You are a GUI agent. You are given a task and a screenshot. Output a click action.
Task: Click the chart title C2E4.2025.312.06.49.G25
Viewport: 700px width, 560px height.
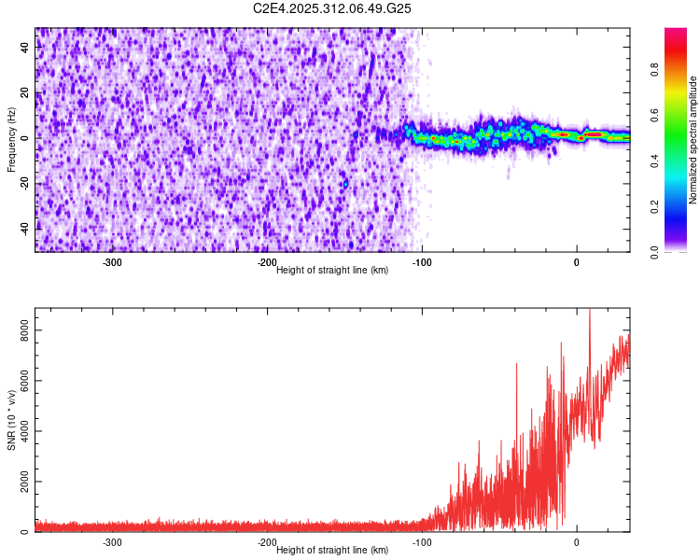tap(332, 8)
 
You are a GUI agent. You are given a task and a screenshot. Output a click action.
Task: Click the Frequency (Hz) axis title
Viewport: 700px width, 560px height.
tap(11, 140)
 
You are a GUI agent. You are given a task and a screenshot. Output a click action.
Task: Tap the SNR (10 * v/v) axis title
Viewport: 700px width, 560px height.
tap(11, 420)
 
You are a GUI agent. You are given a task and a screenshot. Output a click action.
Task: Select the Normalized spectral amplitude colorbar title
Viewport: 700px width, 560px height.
tap(693, 140)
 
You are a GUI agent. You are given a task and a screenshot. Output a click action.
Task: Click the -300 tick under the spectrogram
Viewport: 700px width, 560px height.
tap(112, 262)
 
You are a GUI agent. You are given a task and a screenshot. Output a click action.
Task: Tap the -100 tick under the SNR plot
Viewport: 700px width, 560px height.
tap(421, 542)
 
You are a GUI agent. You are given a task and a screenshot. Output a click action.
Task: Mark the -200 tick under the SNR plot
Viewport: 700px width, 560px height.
tap(266, 542)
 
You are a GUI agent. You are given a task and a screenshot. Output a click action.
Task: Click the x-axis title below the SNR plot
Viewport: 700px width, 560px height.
tap(332, 551)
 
